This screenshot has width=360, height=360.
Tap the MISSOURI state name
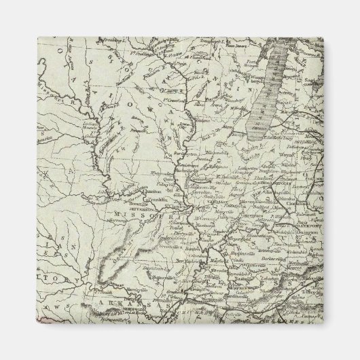coord(136,215)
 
